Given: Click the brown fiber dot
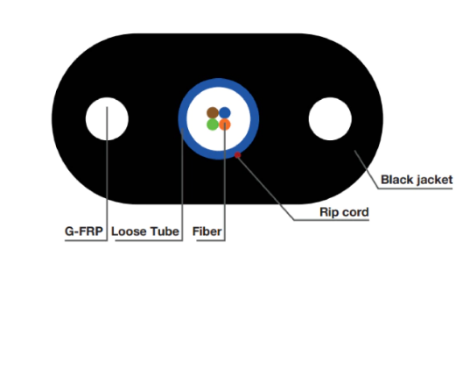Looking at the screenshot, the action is [x=213, y=112].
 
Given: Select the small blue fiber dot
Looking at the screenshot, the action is [x=225, y=112].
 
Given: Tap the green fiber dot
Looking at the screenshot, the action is [x=213, y=124].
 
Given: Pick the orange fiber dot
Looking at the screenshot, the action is [x=225, y=124].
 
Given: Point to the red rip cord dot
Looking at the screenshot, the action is [x=237, y=155].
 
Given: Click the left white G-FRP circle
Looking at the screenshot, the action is [x=107, y=119].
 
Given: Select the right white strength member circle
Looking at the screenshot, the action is [x=330, y=119].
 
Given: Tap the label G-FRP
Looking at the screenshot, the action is [x=84, y=231].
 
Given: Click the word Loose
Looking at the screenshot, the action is [x=129, y=231].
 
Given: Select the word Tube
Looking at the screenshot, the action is [x=165, y=231].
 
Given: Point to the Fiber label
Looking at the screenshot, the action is [x=207, y=231].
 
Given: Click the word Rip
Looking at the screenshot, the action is [x=327, y=212].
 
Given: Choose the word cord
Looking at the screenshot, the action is [x=353, y=212].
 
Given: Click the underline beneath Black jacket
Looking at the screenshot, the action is [x=415, y=188].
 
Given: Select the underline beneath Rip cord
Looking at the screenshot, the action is [x=331, y=220].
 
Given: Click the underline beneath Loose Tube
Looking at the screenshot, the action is [x=149, y=240].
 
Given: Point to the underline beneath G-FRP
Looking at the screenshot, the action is [x=86, y=240].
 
